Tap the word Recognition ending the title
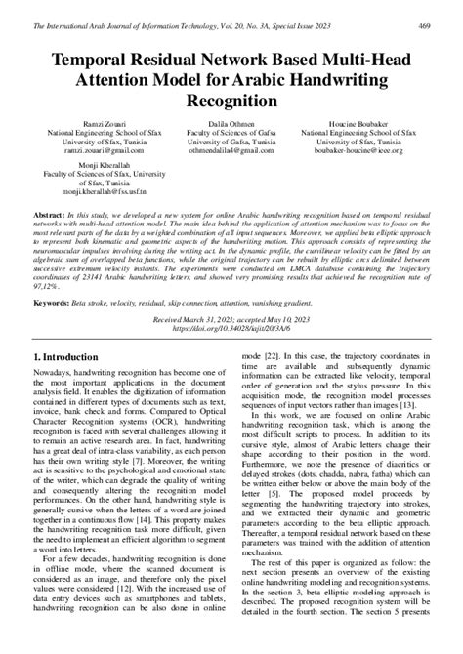point(231,101)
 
